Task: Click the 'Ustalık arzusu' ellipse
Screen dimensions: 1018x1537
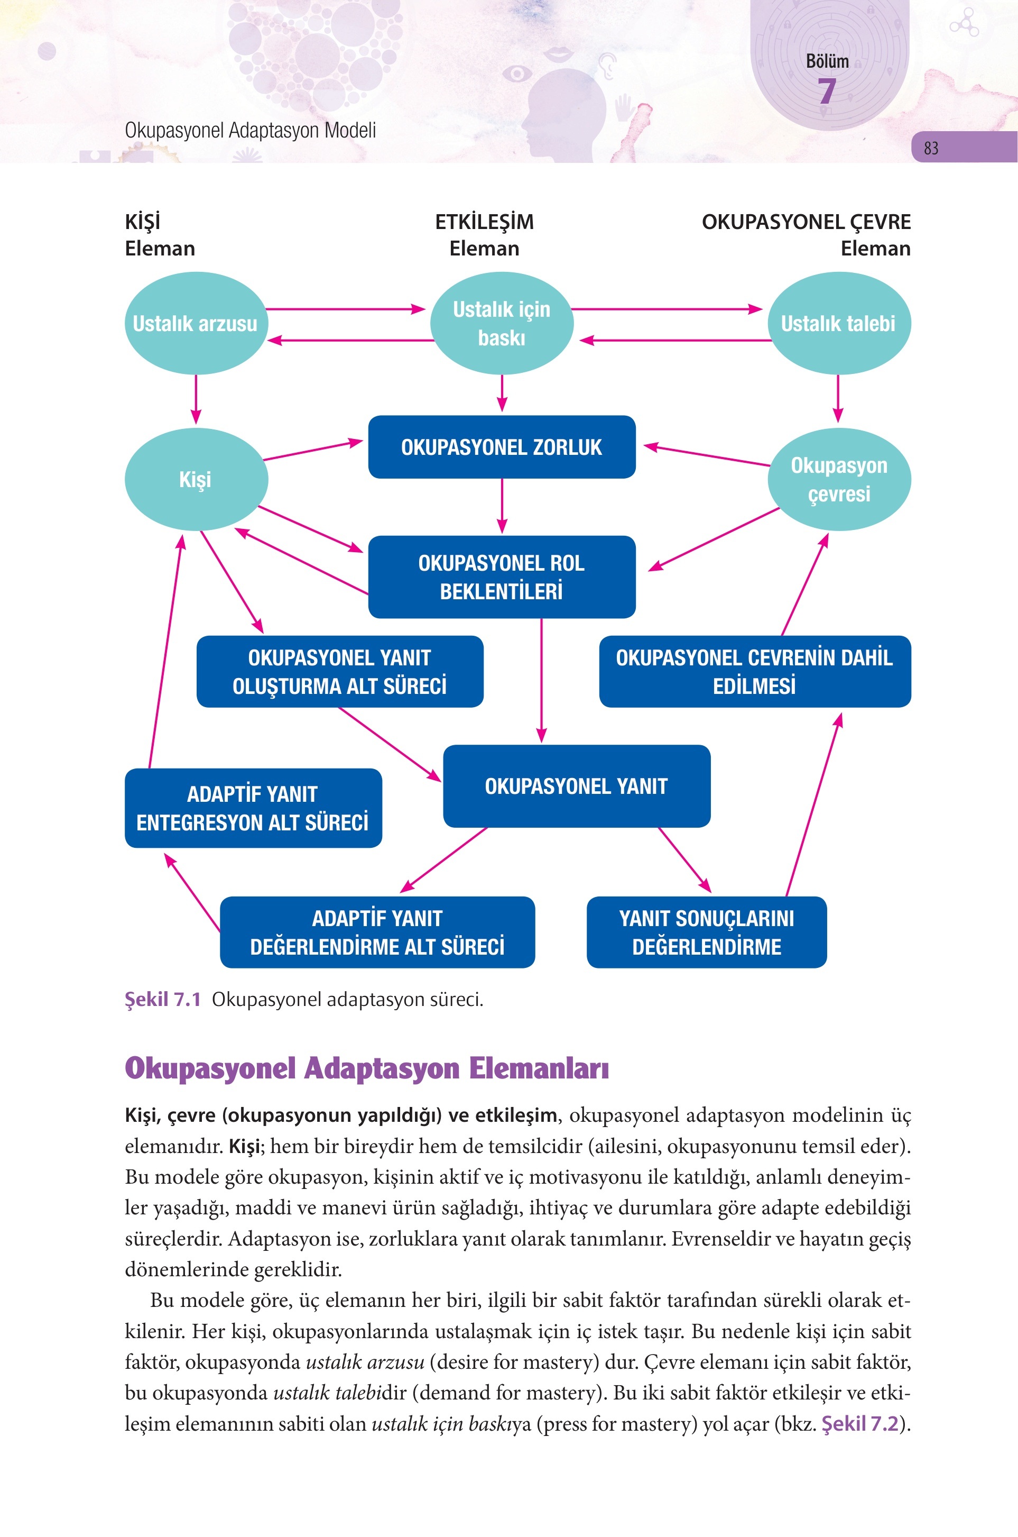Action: click(x=196, y=323)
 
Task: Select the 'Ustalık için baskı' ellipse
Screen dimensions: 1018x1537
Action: click(x=502, y=323)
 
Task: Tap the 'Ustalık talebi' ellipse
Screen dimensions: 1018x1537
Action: click(x=839, y=323)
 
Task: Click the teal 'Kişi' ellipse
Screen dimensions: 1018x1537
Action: click(x=196, y=479)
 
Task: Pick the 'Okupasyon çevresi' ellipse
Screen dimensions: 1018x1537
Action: click(x=839, y=479)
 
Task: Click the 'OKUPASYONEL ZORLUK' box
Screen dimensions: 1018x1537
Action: click(x=502, y=447)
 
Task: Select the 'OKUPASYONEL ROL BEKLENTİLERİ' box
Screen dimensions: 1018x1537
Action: click(x=502, y=577)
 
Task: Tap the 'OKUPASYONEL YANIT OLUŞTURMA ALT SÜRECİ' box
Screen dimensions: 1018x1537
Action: click(x=339, y=671)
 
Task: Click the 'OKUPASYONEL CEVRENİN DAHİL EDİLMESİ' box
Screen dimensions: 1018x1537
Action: click(x=754, y=671)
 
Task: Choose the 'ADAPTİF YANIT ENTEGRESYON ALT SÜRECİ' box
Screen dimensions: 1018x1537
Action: click(x=253, y=808)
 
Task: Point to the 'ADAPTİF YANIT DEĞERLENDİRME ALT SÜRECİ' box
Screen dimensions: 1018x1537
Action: click(x=377, y=932)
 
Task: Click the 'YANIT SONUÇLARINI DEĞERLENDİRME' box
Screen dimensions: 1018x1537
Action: click(x=706, y=932)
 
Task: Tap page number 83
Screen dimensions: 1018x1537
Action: click(x=931, y=148)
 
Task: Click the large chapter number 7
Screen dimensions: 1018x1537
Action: click(x=827, y=91)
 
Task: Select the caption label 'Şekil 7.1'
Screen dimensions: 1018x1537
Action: click(x=163, y=999)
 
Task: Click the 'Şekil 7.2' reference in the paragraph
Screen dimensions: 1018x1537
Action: click(x=860, y=1423)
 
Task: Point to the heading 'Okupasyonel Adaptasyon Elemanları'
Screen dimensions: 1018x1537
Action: click(x=367, y=1068)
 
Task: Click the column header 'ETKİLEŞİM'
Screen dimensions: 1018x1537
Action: click(x=484, y=222)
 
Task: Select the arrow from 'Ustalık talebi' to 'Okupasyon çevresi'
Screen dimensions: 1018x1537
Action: click(x=838, y=399)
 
